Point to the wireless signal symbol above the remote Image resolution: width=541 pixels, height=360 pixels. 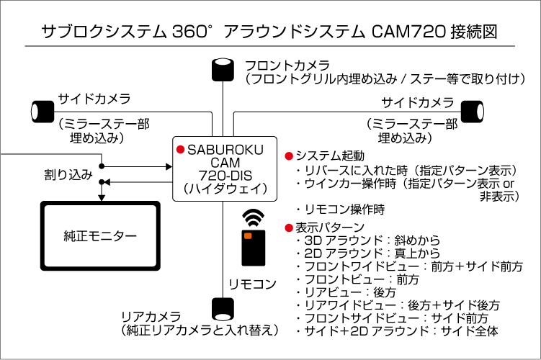pyautogui.click(x=252, y=217)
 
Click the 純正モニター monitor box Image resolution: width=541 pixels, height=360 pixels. pyautogui.click(x=99, y=235)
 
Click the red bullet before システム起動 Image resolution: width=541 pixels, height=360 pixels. pyautogui.click(x=289, y=156)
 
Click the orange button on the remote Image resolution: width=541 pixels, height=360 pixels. pyautogui.click(x=248, y=235)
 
